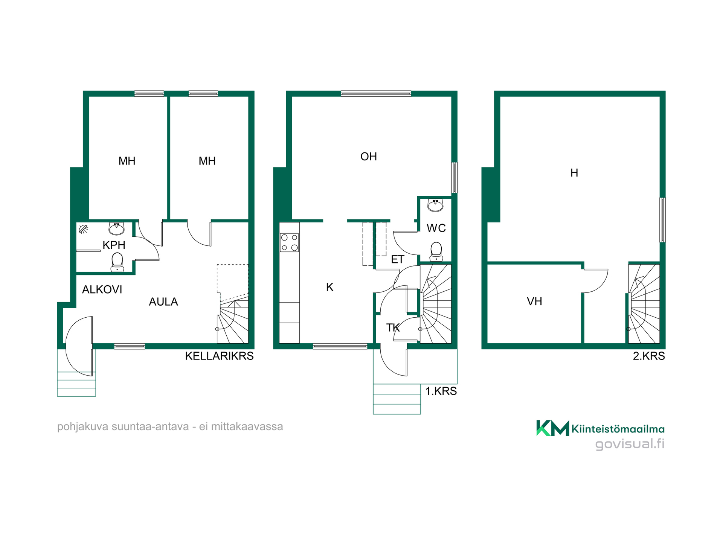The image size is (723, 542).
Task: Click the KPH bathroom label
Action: point(114,245)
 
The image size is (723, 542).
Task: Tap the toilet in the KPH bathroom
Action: point(117,262)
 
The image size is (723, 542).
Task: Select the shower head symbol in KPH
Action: point(83,229)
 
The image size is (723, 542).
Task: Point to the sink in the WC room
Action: point(435,205)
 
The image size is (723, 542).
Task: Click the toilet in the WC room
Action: point(436,251)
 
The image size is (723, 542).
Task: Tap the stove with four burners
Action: point(289,242)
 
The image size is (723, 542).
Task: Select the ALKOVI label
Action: point(102,289)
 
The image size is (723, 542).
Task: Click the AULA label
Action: point(163,301)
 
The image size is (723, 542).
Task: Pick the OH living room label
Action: point(369,156)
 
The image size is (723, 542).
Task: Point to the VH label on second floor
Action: point(534,301)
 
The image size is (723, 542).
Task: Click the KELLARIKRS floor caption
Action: point(219,356)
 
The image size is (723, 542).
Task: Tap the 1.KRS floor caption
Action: point(441,391)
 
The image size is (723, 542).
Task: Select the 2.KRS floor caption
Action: point(649,356)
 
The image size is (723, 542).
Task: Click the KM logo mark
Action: point(552,428)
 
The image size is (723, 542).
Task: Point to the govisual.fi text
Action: point(630,444)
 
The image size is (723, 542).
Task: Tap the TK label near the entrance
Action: point(393,327)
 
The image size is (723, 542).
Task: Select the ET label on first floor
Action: point(398,259)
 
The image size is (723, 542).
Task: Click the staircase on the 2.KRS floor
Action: point(644,304)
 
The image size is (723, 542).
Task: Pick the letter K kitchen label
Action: point(329,287)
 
